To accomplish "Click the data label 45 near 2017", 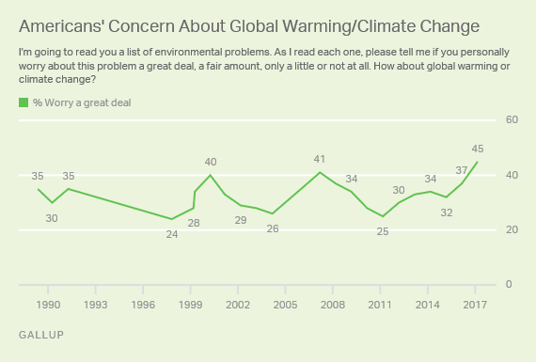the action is pyautogui.click(x=478, y=149).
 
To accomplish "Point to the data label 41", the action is pyautogui.click(x=320, y=159).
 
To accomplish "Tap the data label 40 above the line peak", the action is pyautogui.click(x=211, y=162).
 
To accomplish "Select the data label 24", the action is pyautogui.click(x=172, y=234).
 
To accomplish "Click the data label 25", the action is pyautogui.click(x=383, y=231).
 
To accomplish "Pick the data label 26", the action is pyautogui.click(x=273, y=228).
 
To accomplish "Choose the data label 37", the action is pyautogui.click(x=462, y=170).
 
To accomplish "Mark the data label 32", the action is pyautogui.click(x=447, y=212).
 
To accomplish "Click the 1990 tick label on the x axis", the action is pyautogui.click(x=48, y=305).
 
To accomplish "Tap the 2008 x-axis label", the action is pyautogui.click(x=333, y=305).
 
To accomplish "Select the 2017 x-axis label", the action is pyautogui.click(x=475, y=305).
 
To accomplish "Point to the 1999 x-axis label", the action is pyautogui.click(x=190, y=305).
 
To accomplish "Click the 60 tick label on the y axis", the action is pyautogui.click(x=512, y=119).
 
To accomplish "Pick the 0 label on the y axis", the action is pyautogui.click(x=509, y=284).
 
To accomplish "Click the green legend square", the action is pyautogui.click(x=24, y=102).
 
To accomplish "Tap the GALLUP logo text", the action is pyautogui.click(x=41, y=335).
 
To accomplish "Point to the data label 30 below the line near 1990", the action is pyautogui.click(x=52, y=218).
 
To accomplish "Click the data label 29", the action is pyautogui.click(x=241, y=220).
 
